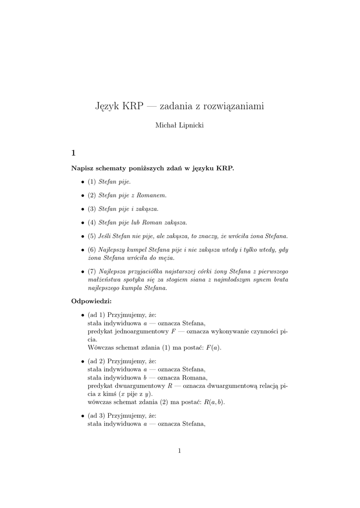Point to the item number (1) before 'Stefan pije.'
(92, 182)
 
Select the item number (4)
(92, 222)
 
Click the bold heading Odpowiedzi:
(92, 301)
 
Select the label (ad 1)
(96, 315)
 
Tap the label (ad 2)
(96, 361)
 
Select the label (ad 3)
(96, 415)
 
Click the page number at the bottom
(179, 450)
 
